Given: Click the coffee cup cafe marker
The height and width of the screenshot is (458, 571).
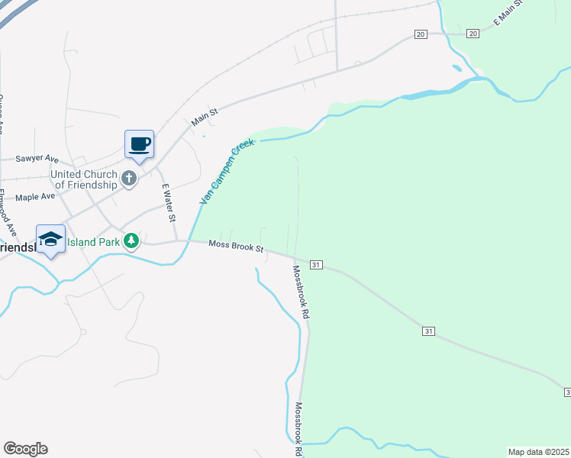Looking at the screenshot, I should click(x=139, y=144).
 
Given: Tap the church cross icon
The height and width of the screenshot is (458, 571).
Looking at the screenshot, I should click(x=130, y=179).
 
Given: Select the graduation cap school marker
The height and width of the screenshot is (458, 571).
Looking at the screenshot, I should click(x=50, y=239).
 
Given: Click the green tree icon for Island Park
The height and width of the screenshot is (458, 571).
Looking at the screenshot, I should click(x=131, y=241).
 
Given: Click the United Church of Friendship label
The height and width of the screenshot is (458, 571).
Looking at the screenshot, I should click(x=84, y=179).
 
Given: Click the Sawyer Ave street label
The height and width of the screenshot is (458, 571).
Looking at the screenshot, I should click(x=37, y=159).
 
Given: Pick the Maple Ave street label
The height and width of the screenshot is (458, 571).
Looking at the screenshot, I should click(x=36, y=197).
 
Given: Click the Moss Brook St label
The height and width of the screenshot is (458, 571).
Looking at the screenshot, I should click(x=237, y=246).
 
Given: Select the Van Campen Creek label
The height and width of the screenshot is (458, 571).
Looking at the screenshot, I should click(x=226, y=171).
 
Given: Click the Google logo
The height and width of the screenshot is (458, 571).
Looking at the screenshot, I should click(x=25, y=449).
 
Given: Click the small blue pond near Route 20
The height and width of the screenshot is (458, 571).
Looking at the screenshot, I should click(x=457, y=68).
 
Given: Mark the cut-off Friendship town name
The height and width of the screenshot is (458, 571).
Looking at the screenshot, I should click(x=15, y=249).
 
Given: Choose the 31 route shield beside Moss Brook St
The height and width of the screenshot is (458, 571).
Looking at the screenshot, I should click(x=317, y=265).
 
